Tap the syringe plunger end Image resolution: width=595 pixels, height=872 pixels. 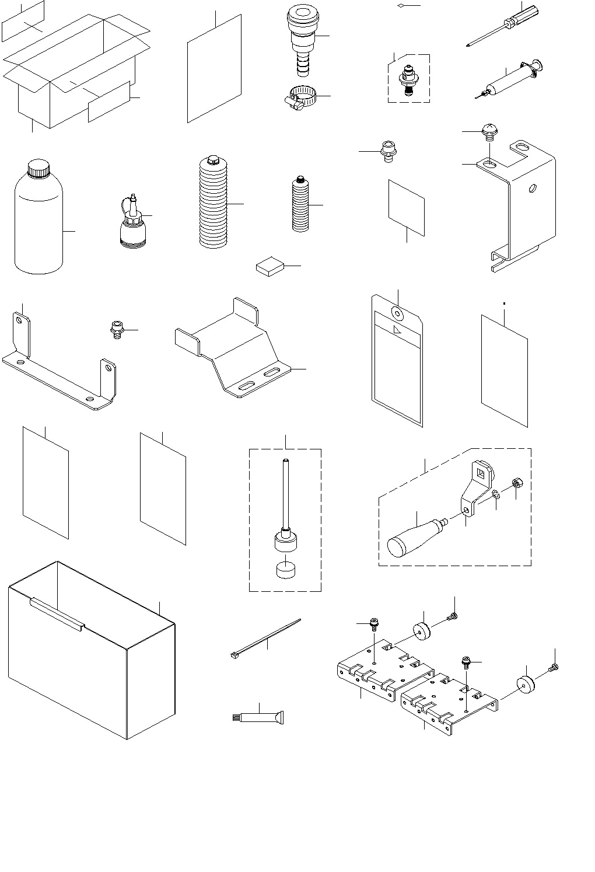[x=538, y=63]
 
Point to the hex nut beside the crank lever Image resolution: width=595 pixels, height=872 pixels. [x=516, y=483]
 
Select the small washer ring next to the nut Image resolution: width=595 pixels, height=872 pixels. [x=495, y=495]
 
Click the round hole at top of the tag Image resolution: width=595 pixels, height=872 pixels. [x=397, y=314]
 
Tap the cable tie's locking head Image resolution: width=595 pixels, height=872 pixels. [x=235, y=655]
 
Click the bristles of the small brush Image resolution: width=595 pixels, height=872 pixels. [x=236, y=718]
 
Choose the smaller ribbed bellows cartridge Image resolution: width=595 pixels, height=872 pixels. [x=300, y=204]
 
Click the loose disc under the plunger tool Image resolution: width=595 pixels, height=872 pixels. [x=286, y=570]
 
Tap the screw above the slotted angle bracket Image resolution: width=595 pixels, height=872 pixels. [x=488, y=132]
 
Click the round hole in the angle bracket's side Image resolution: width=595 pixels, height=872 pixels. [x=532, y=189]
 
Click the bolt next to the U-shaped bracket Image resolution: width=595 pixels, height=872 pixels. [x=117, y=330]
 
